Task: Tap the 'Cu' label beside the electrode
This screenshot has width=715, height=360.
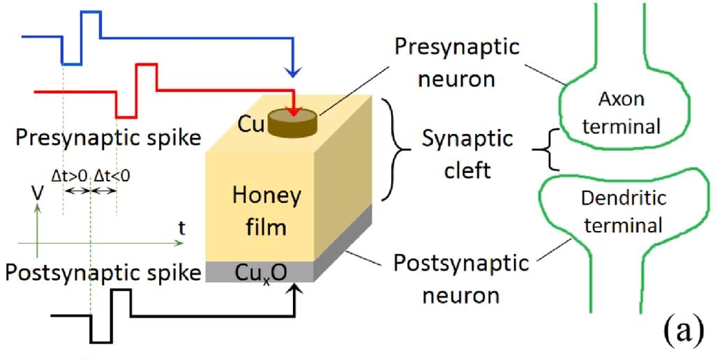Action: pyautogui.click(x=252, y=123)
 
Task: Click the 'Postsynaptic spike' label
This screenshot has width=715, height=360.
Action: pyautogui.click(x=103, y=271)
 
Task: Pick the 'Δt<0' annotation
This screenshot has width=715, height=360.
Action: pyautogui.click(x=112, y=177)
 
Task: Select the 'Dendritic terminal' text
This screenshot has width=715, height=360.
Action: pyautogui.click(x=624, y=211)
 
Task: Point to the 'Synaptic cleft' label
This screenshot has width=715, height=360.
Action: pyautogui.click(x=467, y=153)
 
